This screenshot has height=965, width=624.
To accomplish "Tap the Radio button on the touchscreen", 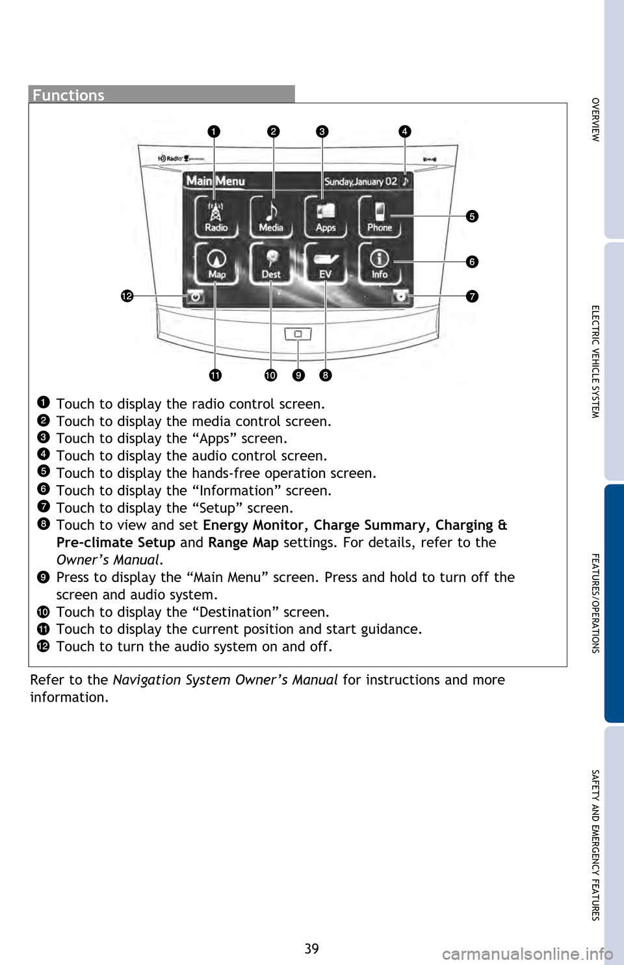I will [216, 217].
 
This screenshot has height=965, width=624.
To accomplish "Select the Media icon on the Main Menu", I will [271, 217].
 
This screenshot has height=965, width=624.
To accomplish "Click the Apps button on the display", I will [326, 217].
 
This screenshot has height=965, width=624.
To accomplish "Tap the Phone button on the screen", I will [380, 217].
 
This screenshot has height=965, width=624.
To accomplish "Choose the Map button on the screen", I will [216, 263].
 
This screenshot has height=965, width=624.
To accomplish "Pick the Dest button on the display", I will [271, 263].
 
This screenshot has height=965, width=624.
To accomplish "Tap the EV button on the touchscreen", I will [326, 263].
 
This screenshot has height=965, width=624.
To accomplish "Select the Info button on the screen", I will [380, 263].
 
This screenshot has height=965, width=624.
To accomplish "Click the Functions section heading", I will [68, 95].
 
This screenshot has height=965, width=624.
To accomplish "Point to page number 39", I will [312, 949].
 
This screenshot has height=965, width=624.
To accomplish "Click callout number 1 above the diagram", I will [214, 131].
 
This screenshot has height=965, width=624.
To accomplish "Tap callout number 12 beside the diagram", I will [127, 296].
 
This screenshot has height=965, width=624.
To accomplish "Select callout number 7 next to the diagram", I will [472, 296].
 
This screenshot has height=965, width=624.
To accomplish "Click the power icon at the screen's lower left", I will [195, 297].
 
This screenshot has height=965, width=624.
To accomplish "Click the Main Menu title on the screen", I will [216, 181].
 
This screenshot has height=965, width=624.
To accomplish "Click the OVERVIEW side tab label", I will [595, 120].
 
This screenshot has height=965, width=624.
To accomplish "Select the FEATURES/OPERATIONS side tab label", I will [595, 603].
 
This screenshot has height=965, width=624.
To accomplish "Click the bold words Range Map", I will [243, 542].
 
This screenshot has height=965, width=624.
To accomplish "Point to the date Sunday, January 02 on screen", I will [361, 181].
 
